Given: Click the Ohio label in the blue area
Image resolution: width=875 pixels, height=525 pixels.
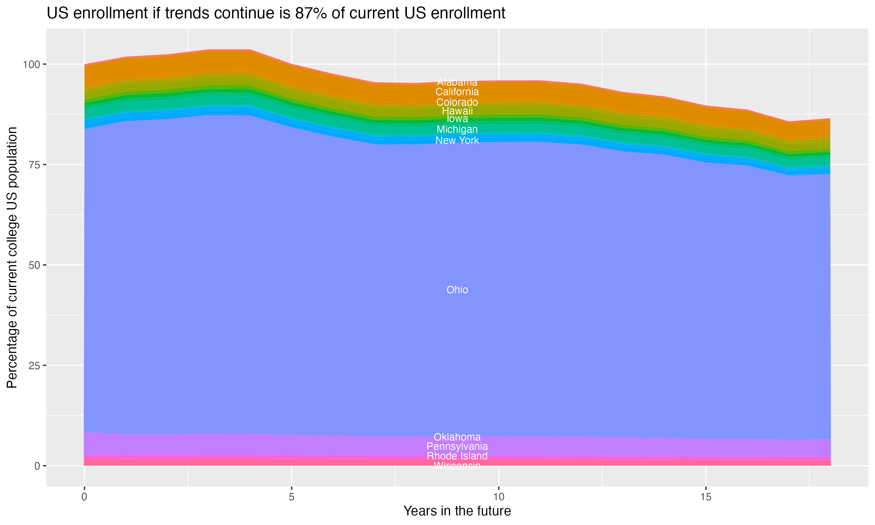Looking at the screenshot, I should coord(457,290).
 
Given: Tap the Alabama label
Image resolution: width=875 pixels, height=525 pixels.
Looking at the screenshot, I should coord(457,82).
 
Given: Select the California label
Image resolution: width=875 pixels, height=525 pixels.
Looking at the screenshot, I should coord(457,92).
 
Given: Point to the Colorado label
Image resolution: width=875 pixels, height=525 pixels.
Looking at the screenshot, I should coord(457,102).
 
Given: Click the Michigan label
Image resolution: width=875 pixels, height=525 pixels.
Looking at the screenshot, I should coord(457,129).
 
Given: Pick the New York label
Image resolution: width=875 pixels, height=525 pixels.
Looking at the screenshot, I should coord(457,141).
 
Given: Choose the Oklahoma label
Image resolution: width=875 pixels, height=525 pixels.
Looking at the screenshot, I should coord(457,437).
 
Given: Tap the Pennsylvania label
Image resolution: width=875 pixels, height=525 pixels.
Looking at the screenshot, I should coord(457,447).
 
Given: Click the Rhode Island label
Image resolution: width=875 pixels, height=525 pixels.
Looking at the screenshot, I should coord(457,456).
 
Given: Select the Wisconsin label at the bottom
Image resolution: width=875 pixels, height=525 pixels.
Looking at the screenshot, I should coord(457,466).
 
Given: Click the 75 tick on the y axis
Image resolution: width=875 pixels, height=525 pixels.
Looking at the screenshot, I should coord(35,165).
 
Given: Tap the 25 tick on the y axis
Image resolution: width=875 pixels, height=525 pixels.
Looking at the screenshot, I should coord(35,365).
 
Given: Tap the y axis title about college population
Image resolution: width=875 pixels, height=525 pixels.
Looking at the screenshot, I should coord(12,258).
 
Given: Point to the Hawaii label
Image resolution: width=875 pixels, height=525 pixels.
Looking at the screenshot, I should coord(457,111).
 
